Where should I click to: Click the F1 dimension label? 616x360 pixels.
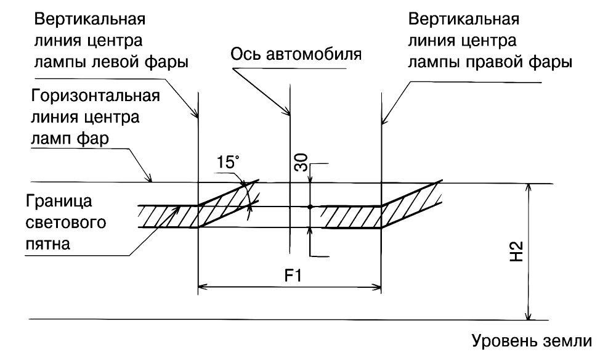293,276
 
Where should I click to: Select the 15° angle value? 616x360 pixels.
228,162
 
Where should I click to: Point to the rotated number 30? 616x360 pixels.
301,163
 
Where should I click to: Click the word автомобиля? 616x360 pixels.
314,54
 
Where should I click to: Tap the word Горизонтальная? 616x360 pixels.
95,96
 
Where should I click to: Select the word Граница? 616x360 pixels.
59,201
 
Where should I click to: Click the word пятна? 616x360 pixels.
48,244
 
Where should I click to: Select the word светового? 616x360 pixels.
66,223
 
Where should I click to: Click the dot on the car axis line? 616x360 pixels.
310,207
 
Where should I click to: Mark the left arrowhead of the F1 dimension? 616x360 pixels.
201,287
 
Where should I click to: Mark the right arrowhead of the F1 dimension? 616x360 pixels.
377,287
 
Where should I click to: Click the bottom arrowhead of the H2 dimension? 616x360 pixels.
529,316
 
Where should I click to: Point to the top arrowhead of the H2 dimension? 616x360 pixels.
529,188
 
